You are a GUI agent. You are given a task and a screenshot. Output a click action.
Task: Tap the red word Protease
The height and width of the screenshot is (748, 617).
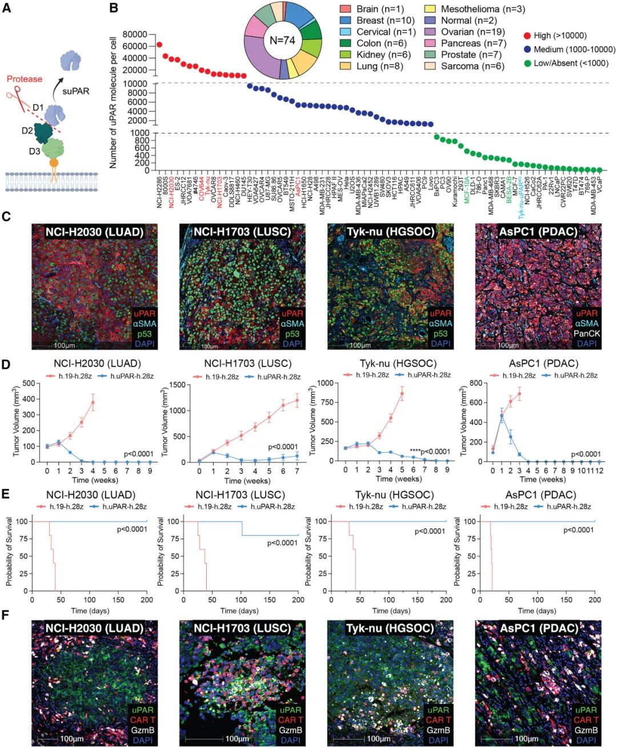(x=24, y=79)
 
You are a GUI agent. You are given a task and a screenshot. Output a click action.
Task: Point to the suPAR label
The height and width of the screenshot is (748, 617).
(x=76, y=91)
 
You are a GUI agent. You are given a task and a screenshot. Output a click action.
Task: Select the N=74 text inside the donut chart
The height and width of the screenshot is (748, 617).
(x=282, y=41)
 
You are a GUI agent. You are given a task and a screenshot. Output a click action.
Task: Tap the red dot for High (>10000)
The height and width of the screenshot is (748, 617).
(x=527, y=35)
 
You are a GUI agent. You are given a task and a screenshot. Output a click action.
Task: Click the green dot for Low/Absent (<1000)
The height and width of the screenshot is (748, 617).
(x=527, y=63)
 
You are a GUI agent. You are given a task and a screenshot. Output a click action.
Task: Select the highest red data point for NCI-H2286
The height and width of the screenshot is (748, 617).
(x=159, y=45)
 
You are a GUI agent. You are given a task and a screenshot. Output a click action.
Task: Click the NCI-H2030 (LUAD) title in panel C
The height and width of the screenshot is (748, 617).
(x=94, y=231)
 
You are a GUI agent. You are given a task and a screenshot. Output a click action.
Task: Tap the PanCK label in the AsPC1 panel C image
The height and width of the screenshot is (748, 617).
(x=587, y=333)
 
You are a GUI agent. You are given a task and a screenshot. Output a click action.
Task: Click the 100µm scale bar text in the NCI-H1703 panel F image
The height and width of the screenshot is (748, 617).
(x=237, y=739)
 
